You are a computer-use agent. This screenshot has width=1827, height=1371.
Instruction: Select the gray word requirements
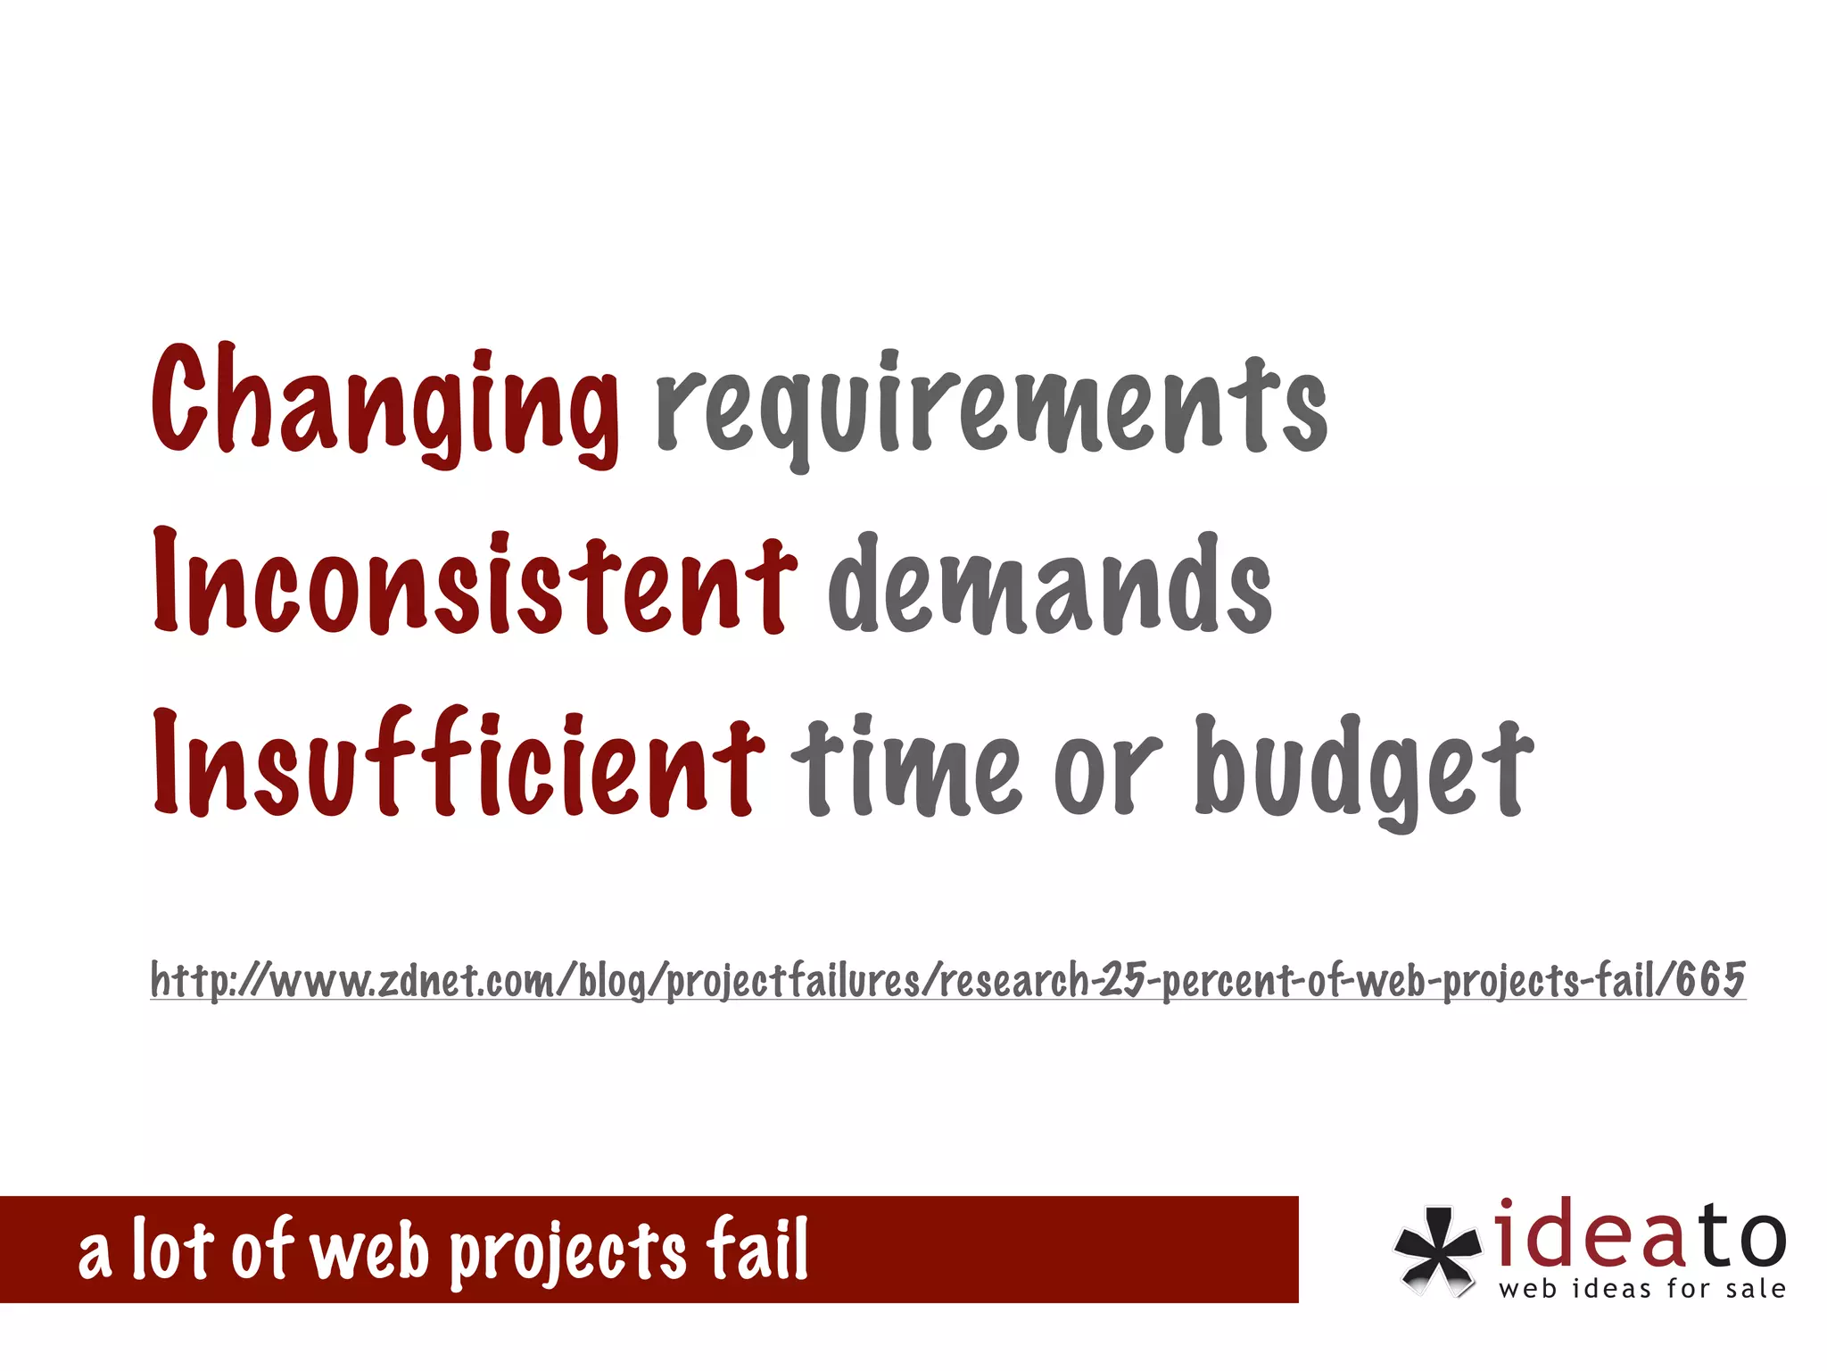click(991, 406)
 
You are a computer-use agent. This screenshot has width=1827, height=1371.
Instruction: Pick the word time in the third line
click(905, 768)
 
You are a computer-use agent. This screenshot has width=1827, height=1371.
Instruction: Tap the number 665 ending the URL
click(1709, 979)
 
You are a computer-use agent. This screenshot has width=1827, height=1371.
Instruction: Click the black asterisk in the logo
click(1435, 1249)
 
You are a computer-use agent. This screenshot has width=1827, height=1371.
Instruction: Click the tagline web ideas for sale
click(1642, 1288)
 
